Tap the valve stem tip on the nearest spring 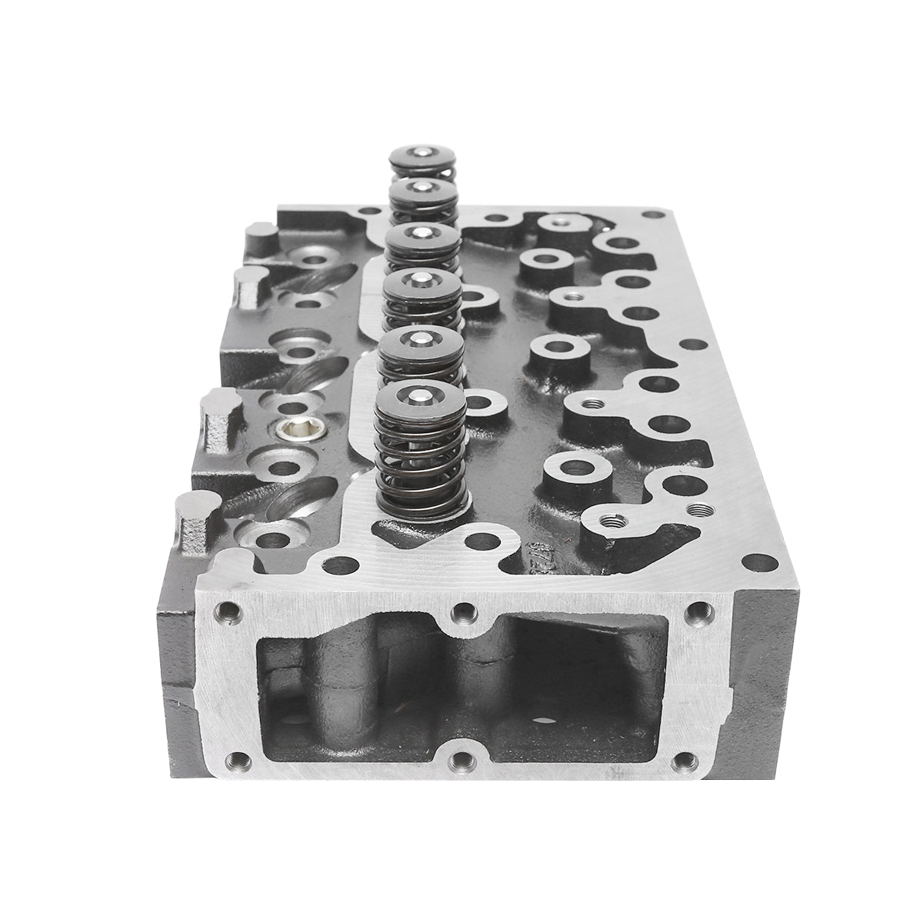pyautogui.click(x=420, y=396)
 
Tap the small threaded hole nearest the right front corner pyautogui.click(x=698, y=508)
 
